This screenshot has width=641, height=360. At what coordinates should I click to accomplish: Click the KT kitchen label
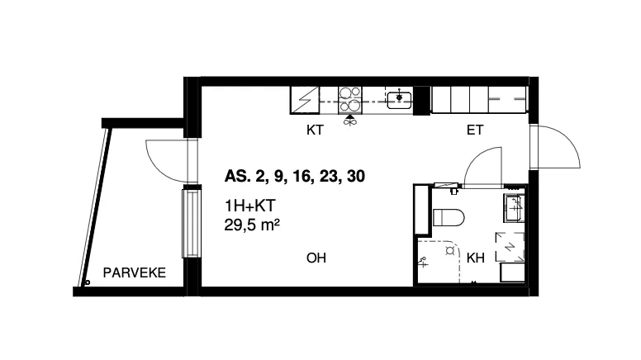point(315,130)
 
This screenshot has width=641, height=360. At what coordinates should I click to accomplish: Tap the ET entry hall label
point(475,130)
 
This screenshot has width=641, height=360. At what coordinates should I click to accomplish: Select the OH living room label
point(316,258)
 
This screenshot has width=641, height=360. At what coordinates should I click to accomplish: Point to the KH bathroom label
point(476,258)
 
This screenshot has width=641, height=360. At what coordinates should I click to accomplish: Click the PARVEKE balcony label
point(134,272)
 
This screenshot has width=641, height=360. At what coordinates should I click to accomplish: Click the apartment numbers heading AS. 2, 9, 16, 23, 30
point(294,176)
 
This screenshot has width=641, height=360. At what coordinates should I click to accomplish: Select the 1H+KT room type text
point(249,206)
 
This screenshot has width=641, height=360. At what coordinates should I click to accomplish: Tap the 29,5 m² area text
point(252,225)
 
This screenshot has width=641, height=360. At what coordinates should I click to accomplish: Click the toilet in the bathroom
point(448,217)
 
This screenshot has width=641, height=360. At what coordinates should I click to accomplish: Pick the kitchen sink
point(399,100)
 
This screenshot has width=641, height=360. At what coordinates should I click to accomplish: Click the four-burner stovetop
point(350,100)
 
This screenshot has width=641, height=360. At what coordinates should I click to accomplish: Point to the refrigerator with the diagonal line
point(305,100)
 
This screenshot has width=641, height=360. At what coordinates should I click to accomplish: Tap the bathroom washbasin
point(514,207)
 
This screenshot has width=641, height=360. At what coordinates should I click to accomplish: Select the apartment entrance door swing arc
point(569,143)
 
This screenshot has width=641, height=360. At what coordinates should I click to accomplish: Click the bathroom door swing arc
point(476,160)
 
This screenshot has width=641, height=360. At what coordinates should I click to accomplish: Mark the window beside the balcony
point(191,223)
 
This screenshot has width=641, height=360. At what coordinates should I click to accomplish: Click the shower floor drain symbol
point(449,251)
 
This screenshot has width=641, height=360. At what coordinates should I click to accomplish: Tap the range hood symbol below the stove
point(349,120)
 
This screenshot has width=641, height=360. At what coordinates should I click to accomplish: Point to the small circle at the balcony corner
point(87,282)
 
